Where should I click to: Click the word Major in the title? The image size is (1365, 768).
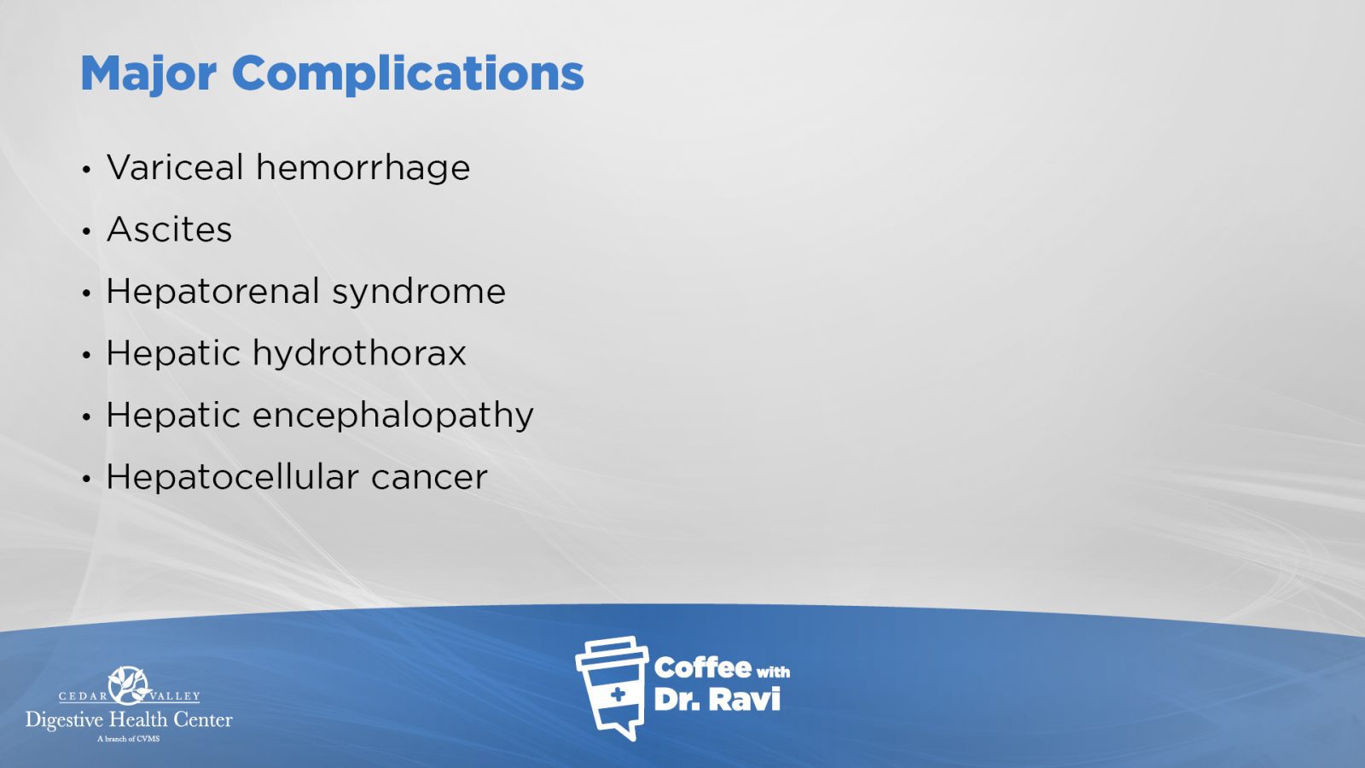point(148,74)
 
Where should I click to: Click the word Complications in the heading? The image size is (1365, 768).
point(408,74)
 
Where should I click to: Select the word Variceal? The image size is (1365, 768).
point(175,167)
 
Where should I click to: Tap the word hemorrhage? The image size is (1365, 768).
point(363,167)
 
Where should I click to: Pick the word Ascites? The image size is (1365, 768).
point(170,230)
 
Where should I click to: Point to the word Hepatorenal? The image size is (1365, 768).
point(212,291)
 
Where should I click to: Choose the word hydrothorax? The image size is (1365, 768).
point(359,353)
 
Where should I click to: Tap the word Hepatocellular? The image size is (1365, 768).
point(232,477)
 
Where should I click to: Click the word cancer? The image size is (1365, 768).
point(429,479)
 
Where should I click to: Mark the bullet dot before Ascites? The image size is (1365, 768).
point(86,231)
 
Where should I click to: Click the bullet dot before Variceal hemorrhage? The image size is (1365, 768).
point(86,170)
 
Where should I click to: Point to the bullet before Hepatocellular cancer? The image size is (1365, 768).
point(86,479)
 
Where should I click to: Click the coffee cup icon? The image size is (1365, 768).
point(612,688)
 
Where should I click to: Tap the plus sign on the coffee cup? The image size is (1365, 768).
point(618,695)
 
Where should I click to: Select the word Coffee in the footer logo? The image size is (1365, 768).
point(703,668)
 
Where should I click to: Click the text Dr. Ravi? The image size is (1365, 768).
point(717,700)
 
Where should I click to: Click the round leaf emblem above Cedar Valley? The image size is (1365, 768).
point(129,686)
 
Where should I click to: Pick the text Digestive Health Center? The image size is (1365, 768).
point(129,720)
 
